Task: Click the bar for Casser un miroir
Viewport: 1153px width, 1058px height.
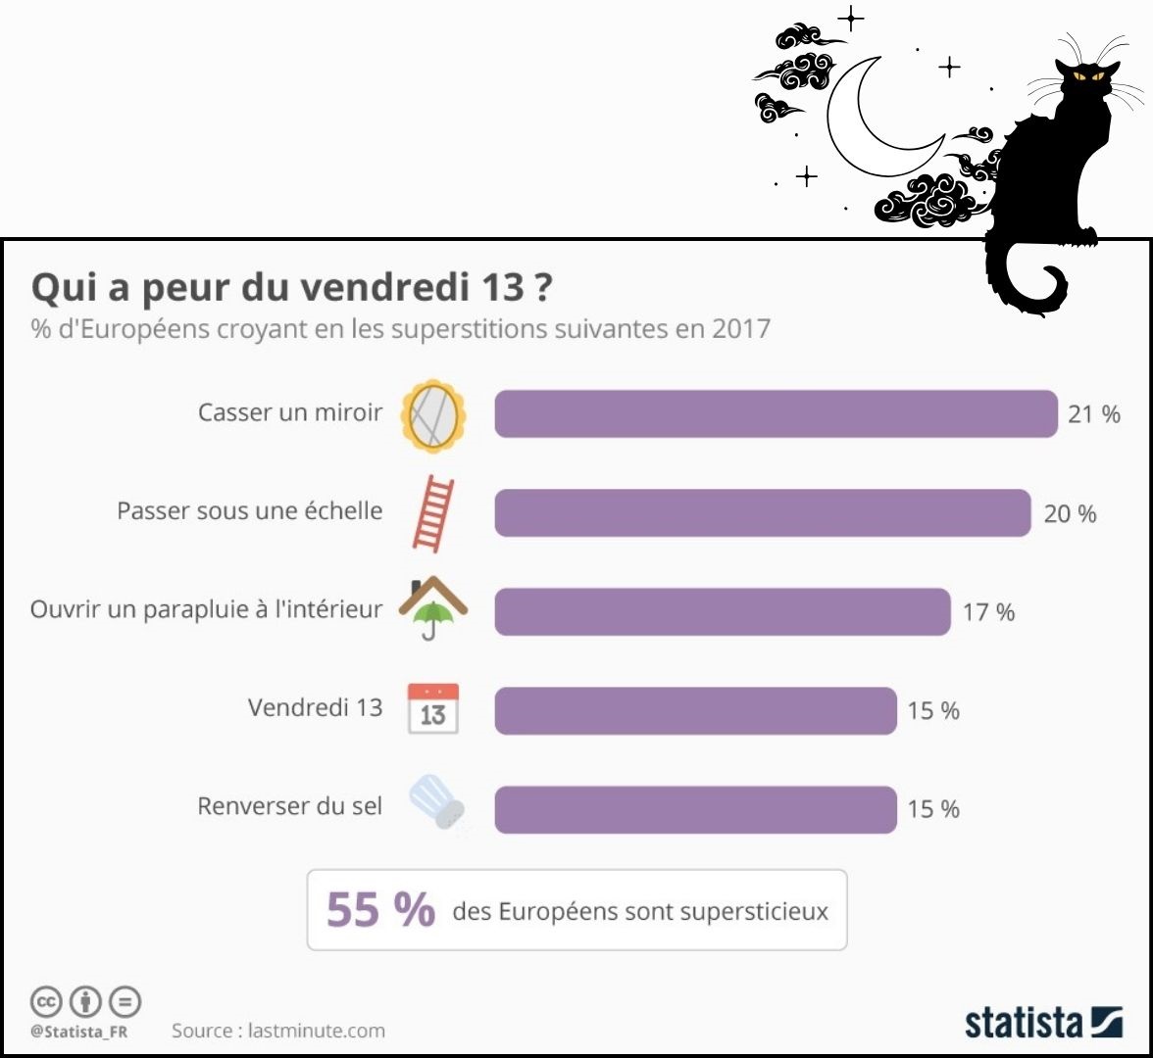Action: [x=776, y=413]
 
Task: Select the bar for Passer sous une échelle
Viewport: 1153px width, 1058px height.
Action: [x=762, y=512]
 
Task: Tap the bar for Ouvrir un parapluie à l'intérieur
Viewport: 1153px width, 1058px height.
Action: [x=723, y=611]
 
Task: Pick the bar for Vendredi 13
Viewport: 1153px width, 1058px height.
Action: [x=695, y=710]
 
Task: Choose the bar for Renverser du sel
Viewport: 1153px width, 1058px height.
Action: [x=695, y=809]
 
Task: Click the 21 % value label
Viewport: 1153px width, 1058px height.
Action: [x=1094, y=414]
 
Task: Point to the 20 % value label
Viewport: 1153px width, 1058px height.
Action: [x=1070, y=513]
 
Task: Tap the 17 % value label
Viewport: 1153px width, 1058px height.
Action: [x=988, y=612]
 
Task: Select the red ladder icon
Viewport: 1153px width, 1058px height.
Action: [x=433, y=513]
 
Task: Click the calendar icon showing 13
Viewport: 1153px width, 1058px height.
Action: [x=433, y=710]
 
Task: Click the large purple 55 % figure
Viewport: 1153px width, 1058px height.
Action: [x=380, y=910]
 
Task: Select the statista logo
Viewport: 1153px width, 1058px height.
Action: [x=1043, y=1021]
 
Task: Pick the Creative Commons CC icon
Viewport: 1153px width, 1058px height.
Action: [x=46, y=1001]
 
